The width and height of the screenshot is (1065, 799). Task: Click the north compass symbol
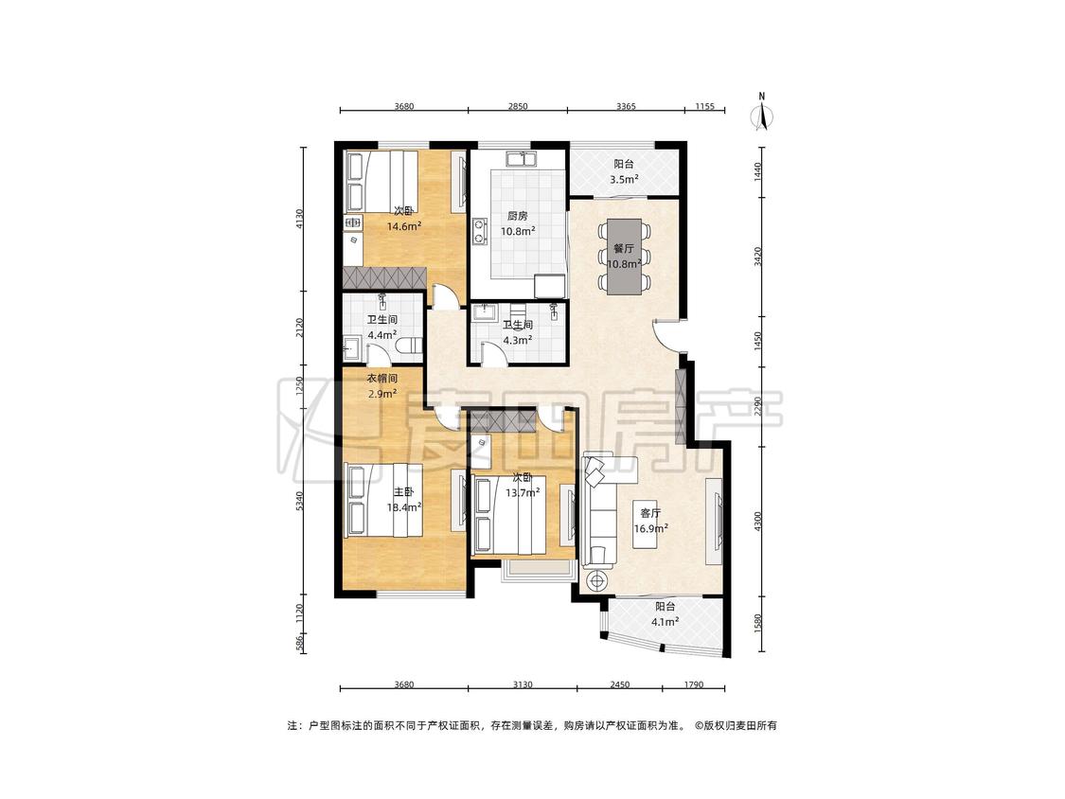coord(763,114)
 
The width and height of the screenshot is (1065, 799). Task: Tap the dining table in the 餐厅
coord(624,256)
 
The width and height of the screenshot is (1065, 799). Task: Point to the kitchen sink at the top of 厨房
coord(521,159)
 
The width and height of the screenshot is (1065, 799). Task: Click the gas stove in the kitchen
coord(480,230)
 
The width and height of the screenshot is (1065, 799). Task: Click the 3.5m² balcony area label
coord(624,172)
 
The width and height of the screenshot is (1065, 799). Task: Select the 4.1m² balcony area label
coord(665,614)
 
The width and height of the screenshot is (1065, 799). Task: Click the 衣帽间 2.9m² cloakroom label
coord(382,386)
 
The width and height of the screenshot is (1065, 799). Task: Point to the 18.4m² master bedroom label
coord(404,500)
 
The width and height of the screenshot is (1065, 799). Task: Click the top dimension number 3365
coord(626,106)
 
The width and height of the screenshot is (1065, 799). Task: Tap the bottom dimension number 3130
coord(523,684)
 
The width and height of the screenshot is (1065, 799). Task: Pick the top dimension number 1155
coord(705,106)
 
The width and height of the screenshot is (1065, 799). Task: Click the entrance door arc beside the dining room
coord(664,336)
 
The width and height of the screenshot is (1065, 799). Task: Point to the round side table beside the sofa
coord(597,581)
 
